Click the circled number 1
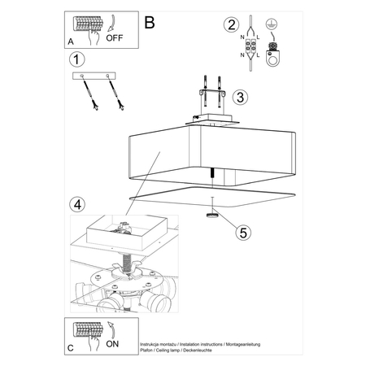tap(76, 60)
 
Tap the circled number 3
tap(239, 98)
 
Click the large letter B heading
tap(149, 23)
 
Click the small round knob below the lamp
tap(213, 216)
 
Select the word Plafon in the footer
tap(149, 352)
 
